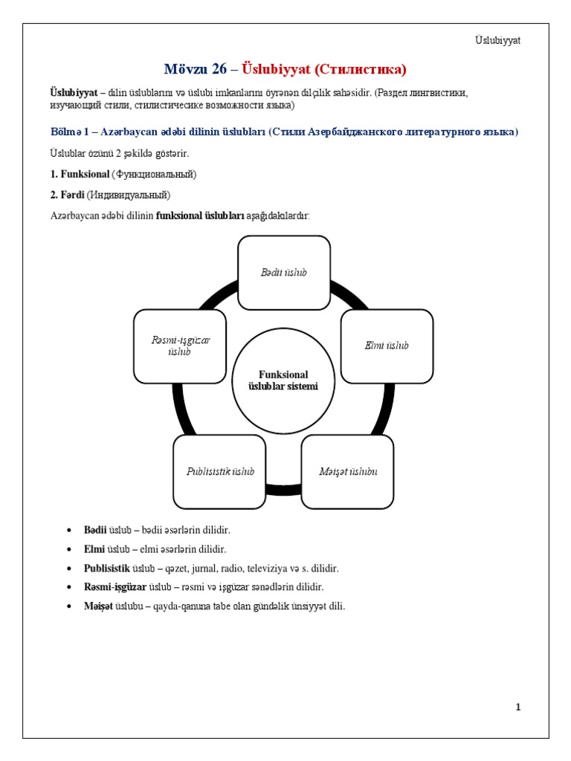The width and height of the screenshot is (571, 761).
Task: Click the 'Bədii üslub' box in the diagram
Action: (284, 273)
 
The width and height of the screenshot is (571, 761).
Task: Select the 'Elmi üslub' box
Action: (387, 346)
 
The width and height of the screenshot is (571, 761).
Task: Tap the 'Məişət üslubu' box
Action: (347, 472)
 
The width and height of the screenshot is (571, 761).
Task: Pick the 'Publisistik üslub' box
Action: (220, 472)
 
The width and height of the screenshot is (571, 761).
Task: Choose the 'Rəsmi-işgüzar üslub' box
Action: (180, 346)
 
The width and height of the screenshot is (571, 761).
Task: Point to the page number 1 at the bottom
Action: (517, 707)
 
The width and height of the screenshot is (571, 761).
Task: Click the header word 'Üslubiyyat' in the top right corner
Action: (498, 40)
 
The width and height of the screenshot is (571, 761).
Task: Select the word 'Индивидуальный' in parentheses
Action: (129, 195)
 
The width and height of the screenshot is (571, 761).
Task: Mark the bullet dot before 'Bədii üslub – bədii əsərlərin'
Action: (68, 530)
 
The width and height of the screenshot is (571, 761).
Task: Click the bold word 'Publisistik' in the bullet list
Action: (107, 569)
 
